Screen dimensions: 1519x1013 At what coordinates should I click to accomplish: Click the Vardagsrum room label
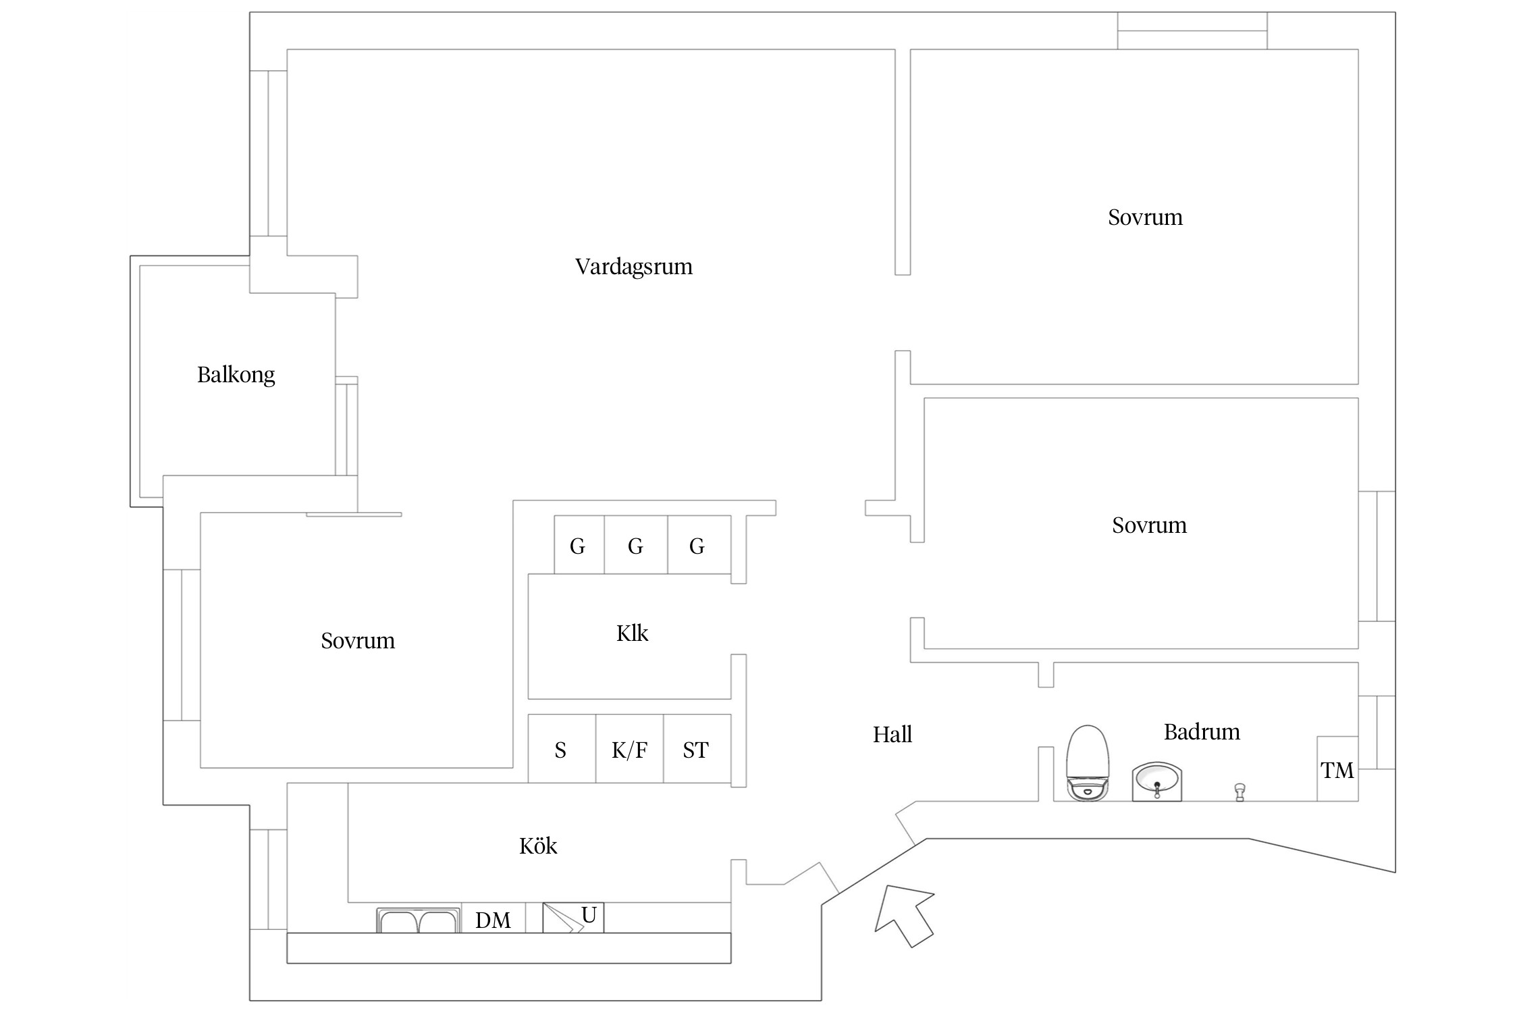(633, 267)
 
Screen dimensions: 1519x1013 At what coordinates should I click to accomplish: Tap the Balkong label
(236, 375)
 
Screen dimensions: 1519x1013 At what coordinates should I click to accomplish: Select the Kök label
(538, 846)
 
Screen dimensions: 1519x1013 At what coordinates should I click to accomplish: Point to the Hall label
(892, 735)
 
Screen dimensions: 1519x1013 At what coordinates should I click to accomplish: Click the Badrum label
(1202, 732)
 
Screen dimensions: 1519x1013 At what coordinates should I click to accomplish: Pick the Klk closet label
(632, 633)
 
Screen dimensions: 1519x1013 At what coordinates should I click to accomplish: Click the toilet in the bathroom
(1087, 763)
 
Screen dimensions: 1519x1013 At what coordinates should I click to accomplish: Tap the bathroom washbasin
(1156, 782)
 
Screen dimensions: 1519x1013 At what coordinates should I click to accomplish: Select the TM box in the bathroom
(1337, 769)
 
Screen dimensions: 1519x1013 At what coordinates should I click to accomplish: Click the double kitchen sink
(419, 920)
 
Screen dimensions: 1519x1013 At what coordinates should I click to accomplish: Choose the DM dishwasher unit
(494, 918)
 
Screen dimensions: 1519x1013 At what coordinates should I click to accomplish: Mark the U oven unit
(573, 918)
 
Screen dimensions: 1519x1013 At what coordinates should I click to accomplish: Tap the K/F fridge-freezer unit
(629, 749)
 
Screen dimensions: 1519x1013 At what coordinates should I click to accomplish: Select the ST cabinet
(697, 749)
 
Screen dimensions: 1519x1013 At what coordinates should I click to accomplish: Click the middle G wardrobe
(636, 545)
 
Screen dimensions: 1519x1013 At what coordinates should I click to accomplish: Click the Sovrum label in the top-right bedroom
(1145, 217)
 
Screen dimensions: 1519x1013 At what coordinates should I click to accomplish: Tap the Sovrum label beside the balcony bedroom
(358, 641)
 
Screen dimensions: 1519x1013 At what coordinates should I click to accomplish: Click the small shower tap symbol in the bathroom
(1240, 792)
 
